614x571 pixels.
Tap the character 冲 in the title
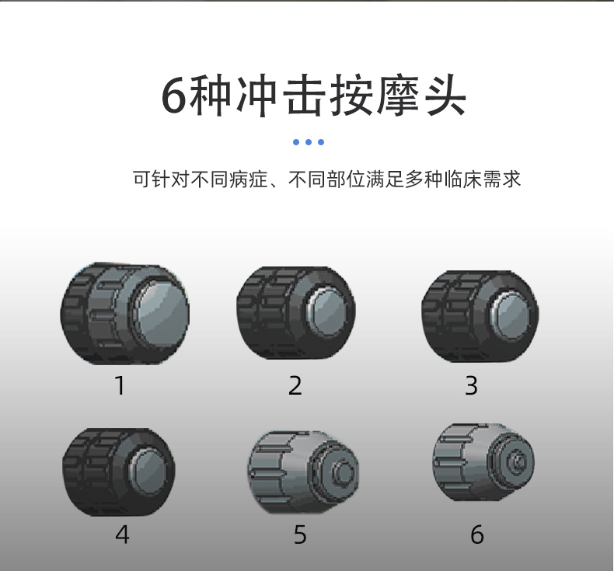coord(257,96)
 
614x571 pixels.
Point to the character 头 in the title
coord(446,96)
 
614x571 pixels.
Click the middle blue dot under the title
coord(309,142)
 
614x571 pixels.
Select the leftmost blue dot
coord(296,142)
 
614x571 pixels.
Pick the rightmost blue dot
coord(321,142)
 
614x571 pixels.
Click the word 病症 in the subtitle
coord(248,179)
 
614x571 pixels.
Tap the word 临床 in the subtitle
coord(463,179)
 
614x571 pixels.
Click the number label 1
coord(120,385)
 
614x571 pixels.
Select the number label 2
coord(295,385)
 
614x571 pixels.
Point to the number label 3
coord(471,385)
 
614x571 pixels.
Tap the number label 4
coord(122,534)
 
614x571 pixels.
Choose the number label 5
coord(300,534)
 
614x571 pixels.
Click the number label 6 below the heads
coord(477,534)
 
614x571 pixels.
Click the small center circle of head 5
coord(345,473)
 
